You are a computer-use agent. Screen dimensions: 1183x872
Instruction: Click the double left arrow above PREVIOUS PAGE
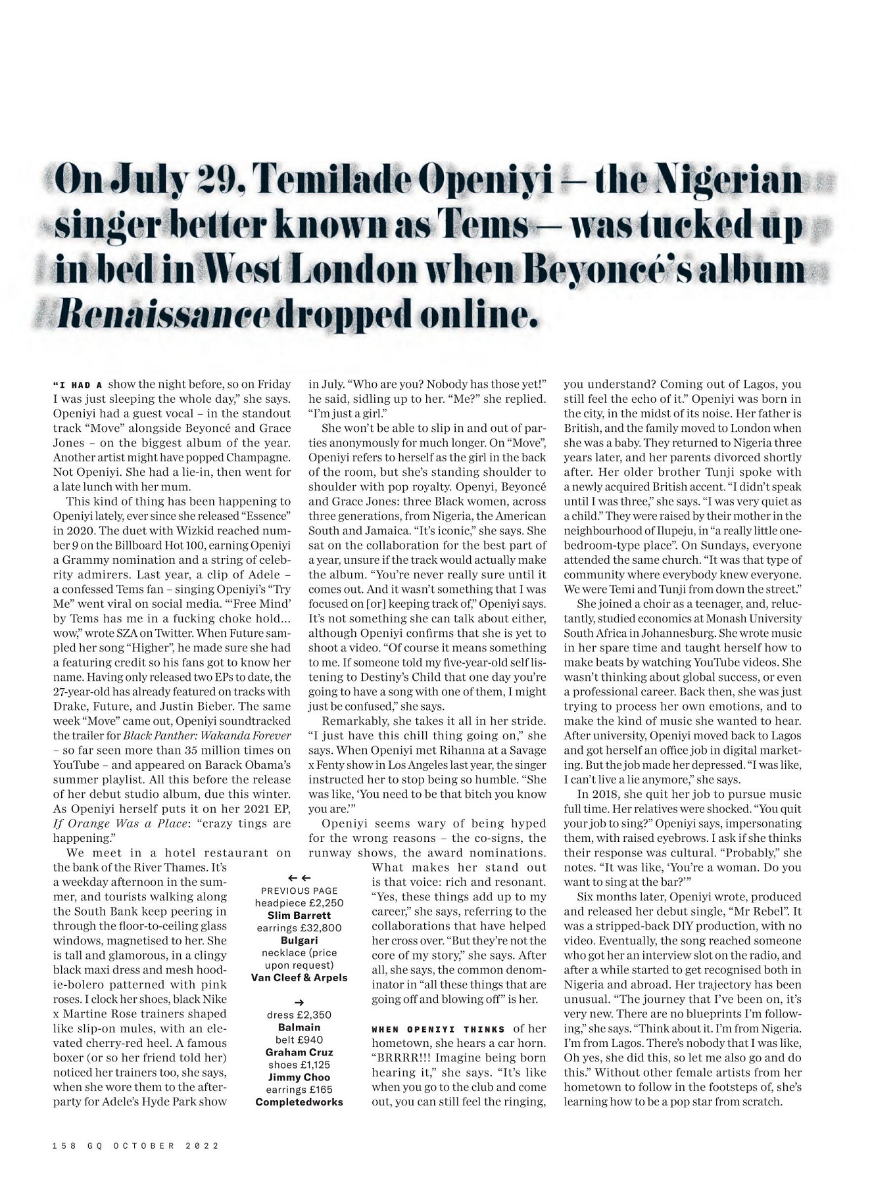click(x=299, y=877)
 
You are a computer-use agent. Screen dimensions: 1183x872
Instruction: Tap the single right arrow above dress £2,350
click(x=299, y=1002)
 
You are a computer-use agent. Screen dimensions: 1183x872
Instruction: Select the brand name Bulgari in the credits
click(x=299, y=940)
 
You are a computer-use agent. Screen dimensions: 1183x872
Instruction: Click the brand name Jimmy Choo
click(x=299, y=1077)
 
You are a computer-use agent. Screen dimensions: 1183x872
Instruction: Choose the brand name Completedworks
click(x=299, y=1102)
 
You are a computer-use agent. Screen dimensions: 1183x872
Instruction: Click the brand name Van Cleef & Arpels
click(x=299, y=977)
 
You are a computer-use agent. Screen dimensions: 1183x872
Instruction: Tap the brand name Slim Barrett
click(x=299, y=916)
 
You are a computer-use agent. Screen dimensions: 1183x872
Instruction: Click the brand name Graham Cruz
click(x=299, y=1052)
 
